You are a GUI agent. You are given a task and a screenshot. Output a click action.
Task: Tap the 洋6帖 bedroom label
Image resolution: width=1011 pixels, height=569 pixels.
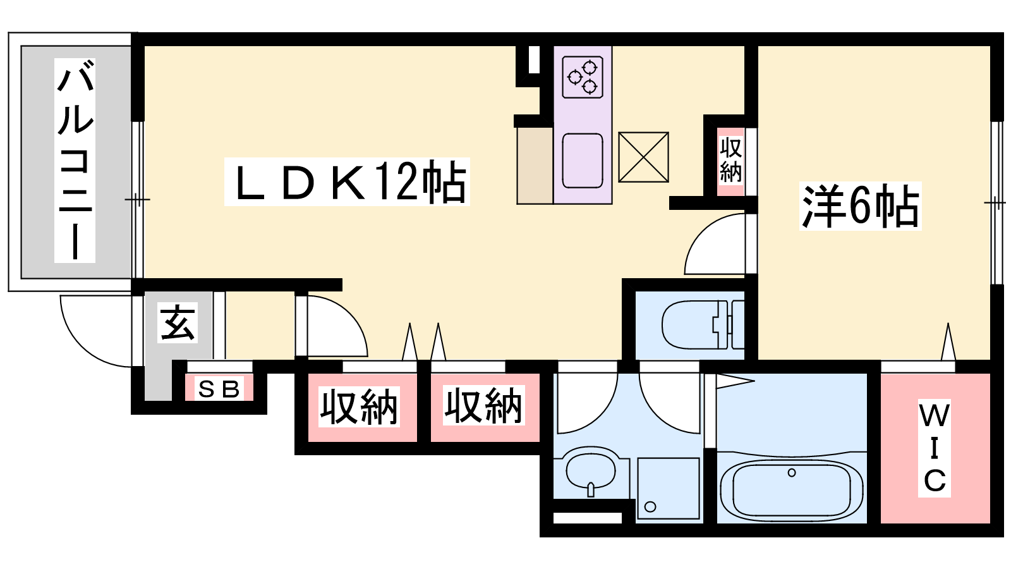click(x=860, y=206)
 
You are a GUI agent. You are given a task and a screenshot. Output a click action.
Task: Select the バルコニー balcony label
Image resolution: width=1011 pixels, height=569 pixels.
click(x=75, y=160)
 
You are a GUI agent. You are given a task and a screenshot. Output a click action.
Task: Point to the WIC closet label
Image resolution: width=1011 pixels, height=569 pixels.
click(x=935, y=448)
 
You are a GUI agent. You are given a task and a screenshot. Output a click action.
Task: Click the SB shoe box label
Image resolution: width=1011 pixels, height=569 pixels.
click(x=219, y=389)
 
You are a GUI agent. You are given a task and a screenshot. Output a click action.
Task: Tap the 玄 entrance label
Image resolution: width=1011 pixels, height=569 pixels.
click(x=178, y=322)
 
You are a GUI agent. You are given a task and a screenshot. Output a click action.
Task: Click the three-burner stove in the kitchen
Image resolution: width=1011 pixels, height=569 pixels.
click(x=583, y=77)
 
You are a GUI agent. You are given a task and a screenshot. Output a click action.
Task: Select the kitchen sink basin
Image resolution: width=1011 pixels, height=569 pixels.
click(x=583, y=161)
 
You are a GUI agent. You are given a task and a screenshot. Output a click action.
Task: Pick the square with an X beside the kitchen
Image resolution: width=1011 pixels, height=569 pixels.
click(x=643, y=157)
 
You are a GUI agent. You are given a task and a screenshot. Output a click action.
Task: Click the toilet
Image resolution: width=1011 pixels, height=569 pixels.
click(x=702, y=325)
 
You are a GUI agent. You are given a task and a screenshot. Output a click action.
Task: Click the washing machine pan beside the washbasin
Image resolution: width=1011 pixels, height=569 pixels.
click(x=669, y=488)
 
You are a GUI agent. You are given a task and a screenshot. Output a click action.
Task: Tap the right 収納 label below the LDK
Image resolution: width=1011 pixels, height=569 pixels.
click(x=483, y=406)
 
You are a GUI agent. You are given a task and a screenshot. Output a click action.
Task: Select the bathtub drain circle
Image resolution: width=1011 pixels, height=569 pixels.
click(x=792, y=473)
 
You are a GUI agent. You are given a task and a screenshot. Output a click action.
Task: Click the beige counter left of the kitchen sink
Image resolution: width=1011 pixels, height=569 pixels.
click(x=535, y=166)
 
